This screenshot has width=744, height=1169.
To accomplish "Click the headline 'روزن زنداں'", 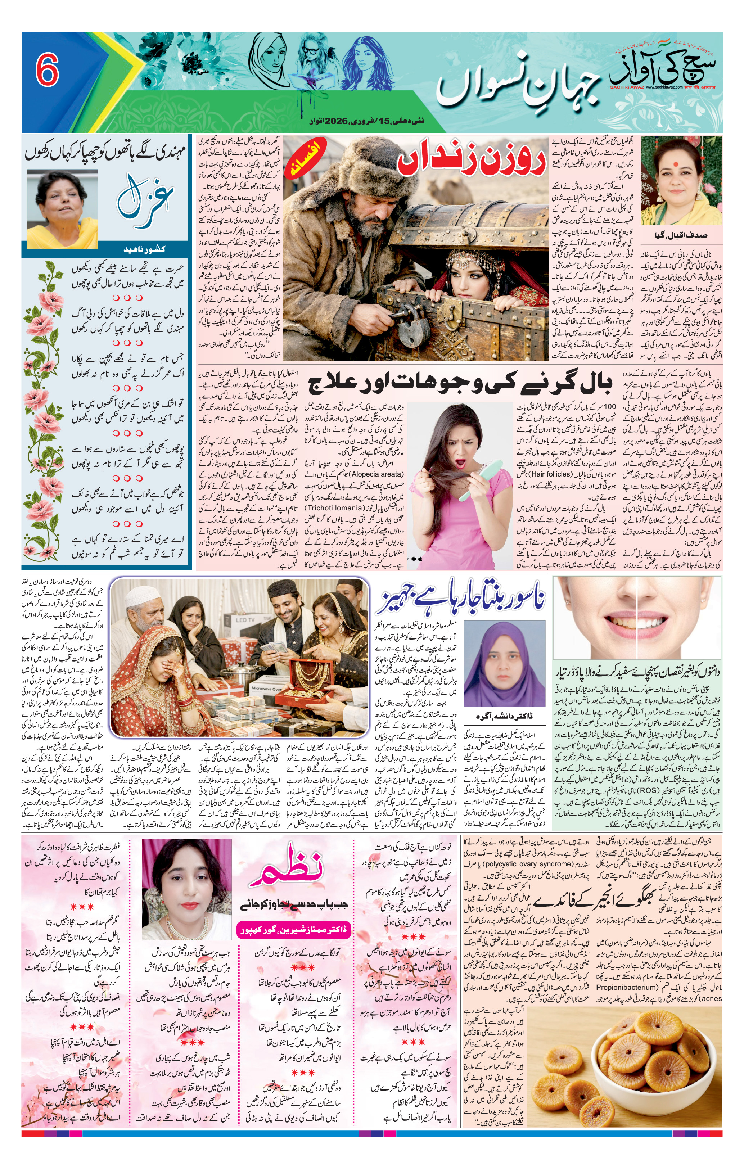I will point(471,160).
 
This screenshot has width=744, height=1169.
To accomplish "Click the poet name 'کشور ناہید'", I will point(145,249).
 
